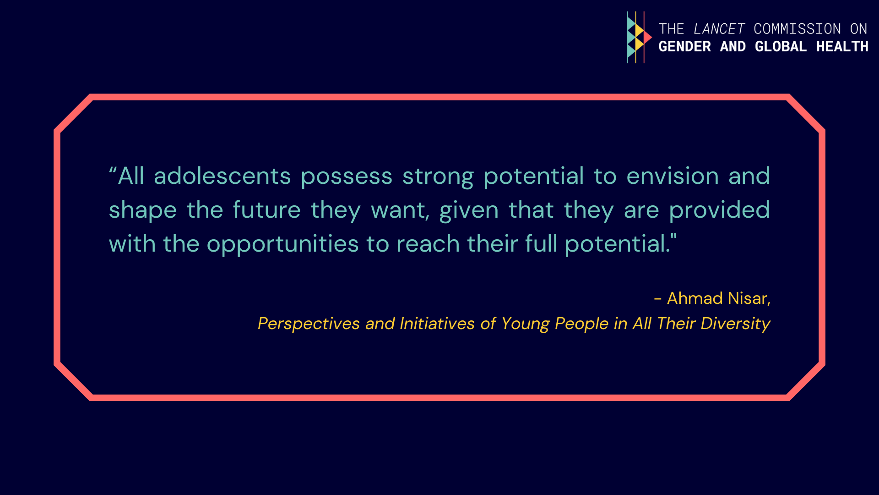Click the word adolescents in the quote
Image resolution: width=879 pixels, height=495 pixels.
222,176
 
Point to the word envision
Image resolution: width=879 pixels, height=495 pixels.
673,176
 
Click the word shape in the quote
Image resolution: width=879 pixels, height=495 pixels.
143,211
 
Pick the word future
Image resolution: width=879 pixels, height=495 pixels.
267,210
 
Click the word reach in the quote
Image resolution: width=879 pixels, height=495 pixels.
428,244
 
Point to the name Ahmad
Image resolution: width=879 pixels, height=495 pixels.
695,298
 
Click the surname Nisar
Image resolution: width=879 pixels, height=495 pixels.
749,299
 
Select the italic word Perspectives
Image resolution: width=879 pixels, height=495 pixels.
309,324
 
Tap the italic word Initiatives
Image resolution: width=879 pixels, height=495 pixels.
437,324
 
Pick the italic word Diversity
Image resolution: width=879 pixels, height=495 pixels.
736,324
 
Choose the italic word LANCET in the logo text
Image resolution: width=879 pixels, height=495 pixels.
719,29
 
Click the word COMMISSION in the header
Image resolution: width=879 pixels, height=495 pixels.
797,29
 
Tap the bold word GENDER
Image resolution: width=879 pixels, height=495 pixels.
685,46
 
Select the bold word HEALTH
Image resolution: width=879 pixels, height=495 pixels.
842,46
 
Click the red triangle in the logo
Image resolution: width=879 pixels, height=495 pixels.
647,38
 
